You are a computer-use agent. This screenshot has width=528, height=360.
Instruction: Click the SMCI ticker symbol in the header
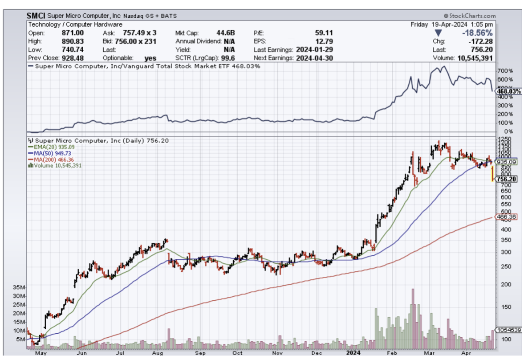[37, 16]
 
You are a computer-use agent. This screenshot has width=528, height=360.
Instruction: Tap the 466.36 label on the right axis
[506, 217]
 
